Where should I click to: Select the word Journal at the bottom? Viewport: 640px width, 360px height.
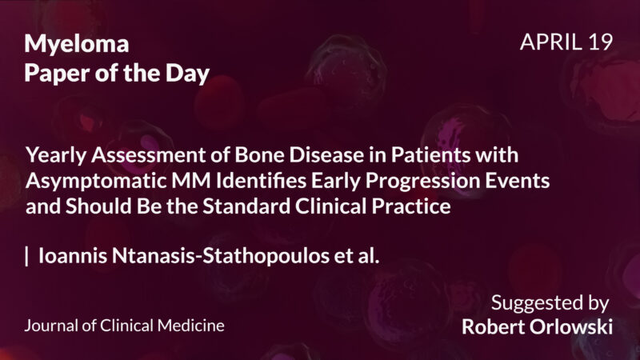point(52,326)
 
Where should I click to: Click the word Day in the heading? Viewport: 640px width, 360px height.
point(189,74)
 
